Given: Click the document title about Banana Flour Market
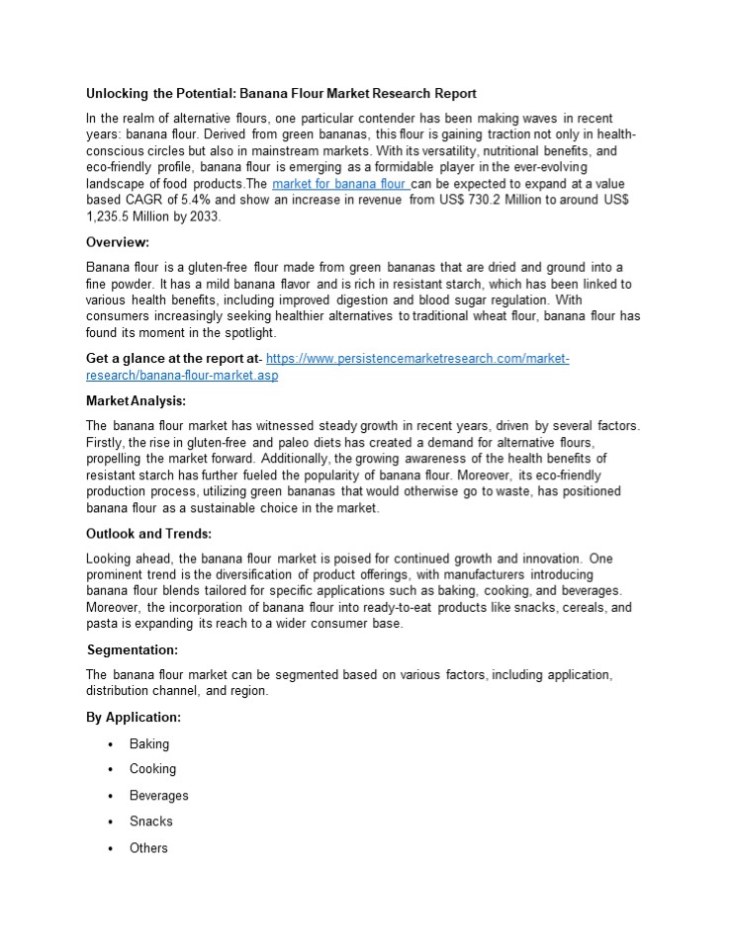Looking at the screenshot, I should tap(281, 94).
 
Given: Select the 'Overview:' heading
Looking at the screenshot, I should tap(118, 242).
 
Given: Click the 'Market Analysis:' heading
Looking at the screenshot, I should tap(136, 401).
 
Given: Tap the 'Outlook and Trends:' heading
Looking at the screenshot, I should tap(148, 534).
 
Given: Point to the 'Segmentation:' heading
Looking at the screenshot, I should tap(133, 649).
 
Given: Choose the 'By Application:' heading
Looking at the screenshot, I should tap(134, 718).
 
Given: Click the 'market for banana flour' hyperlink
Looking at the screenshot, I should tap(339, 185).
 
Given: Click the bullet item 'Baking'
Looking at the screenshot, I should tap(149, 744).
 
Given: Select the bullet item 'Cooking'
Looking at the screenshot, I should tap(152, 769).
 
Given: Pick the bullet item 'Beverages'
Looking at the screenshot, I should tap(158, 796).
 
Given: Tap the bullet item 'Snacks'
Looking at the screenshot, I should tap(150, 821).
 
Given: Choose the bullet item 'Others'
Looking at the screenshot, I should tap(148, 848).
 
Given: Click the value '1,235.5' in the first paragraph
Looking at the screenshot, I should tap(114, 216).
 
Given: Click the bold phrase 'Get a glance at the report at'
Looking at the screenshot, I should tap(170, 359).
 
